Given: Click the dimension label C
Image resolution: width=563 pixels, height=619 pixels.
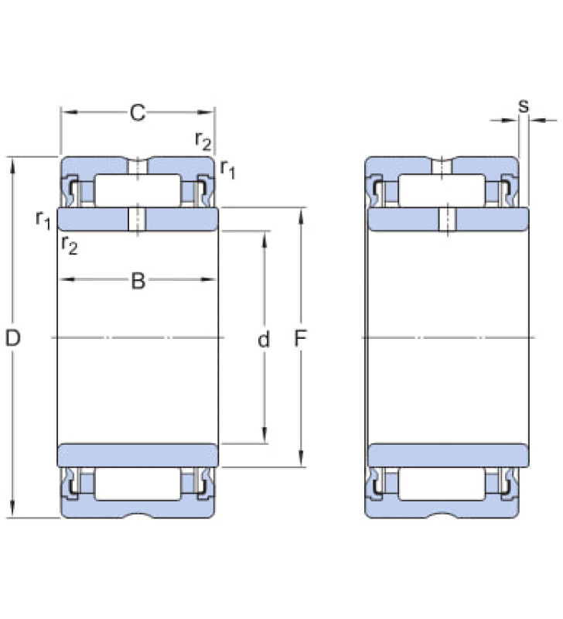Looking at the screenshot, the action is click(x=138, y=113).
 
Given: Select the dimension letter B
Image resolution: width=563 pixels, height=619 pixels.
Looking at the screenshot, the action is click(x=138, y=281).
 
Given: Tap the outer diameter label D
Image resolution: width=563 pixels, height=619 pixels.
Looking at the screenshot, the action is click(x=12, y=338).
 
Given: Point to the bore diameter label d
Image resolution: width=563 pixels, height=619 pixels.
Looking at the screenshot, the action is click(x=264, y=339).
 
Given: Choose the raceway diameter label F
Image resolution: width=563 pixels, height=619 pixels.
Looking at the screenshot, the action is click(x=300, y=338).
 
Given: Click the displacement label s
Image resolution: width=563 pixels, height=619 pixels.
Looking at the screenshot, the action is click(x=523, y=105).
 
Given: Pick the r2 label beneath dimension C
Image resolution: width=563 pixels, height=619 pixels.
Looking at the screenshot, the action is click(x=203, y=141).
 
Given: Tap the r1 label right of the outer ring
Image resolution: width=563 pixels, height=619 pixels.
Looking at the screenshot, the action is click(x=227, y=169).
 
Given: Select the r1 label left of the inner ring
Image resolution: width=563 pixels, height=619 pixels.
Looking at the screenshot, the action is click(x=43, y=220).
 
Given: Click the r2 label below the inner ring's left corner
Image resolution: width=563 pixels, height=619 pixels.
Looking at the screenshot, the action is click(x=70, y=245).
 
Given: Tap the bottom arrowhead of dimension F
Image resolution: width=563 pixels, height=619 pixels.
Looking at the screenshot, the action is click(x=301, y=458).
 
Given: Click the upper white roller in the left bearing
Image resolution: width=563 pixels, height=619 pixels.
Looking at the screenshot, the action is click(x=138, y=190).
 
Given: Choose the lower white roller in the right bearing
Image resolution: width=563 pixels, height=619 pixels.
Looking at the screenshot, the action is click(x=442, y=484).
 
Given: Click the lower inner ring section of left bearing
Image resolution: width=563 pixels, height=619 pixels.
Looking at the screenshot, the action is click(x=138, y=455).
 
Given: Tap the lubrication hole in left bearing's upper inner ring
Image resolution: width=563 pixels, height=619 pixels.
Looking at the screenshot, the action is click(x=138, y=219).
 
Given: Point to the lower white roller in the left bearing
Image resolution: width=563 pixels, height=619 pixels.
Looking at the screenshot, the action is click(x=138, y=484).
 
